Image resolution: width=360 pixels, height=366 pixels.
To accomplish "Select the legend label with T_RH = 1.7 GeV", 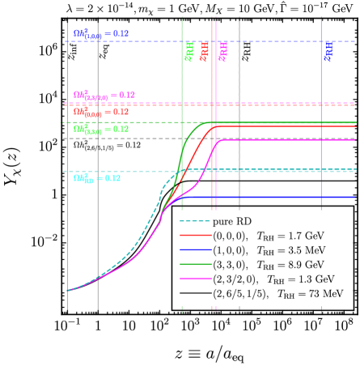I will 268,236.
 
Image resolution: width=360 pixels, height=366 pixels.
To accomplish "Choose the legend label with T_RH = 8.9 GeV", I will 268,265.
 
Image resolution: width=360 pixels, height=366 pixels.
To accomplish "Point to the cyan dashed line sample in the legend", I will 193,221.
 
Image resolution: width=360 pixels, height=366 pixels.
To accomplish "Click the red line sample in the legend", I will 193,236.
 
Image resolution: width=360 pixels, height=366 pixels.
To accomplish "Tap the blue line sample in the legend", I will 193,250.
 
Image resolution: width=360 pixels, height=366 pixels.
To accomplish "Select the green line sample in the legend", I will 193,265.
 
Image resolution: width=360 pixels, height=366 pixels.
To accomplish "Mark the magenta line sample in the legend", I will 193,279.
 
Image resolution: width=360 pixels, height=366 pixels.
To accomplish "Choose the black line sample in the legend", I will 193,294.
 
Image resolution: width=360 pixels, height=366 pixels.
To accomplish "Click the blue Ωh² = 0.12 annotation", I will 100,34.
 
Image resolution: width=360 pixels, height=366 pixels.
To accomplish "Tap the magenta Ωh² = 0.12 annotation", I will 104,96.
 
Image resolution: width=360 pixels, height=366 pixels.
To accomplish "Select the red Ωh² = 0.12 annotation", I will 100,112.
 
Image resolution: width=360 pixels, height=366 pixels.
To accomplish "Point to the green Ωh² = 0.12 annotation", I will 100,129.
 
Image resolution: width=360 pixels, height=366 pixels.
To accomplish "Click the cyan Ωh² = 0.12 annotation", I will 96,178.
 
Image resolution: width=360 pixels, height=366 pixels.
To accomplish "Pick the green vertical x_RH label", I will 188,52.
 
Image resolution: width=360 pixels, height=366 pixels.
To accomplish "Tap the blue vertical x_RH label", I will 328,52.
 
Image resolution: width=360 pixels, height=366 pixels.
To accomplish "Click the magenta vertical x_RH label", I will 222,52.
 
